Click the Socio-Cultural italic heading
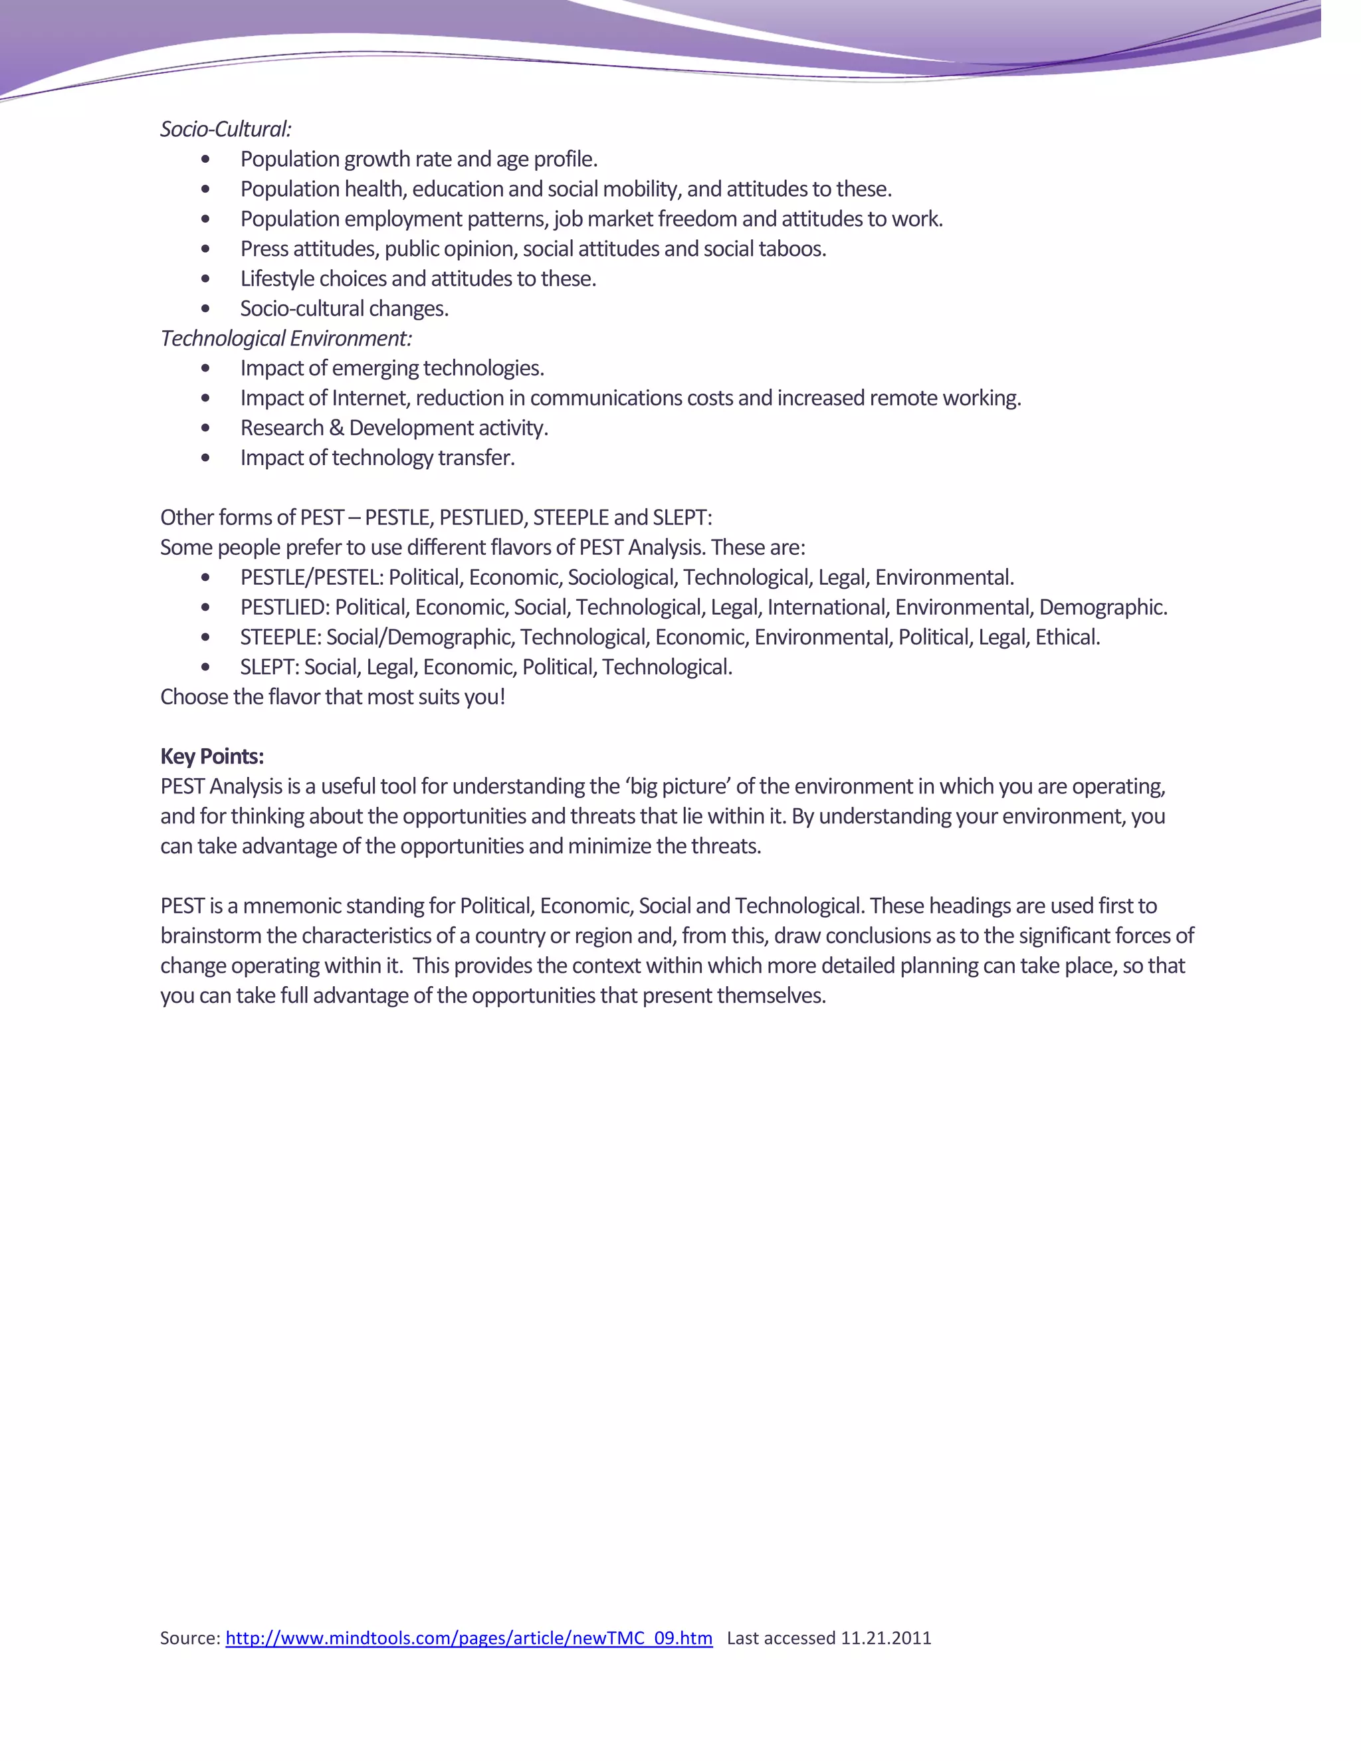[x=225, y=129]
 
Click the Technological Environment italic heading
[x=285, y=338]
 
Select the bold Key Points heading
[x=212, y=756]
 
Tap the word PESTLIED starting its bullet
[x=284, y=607]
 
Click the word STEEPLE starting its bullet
[x=280, y=637]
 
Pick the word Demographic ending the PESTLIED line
[x=1101, y=607]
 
